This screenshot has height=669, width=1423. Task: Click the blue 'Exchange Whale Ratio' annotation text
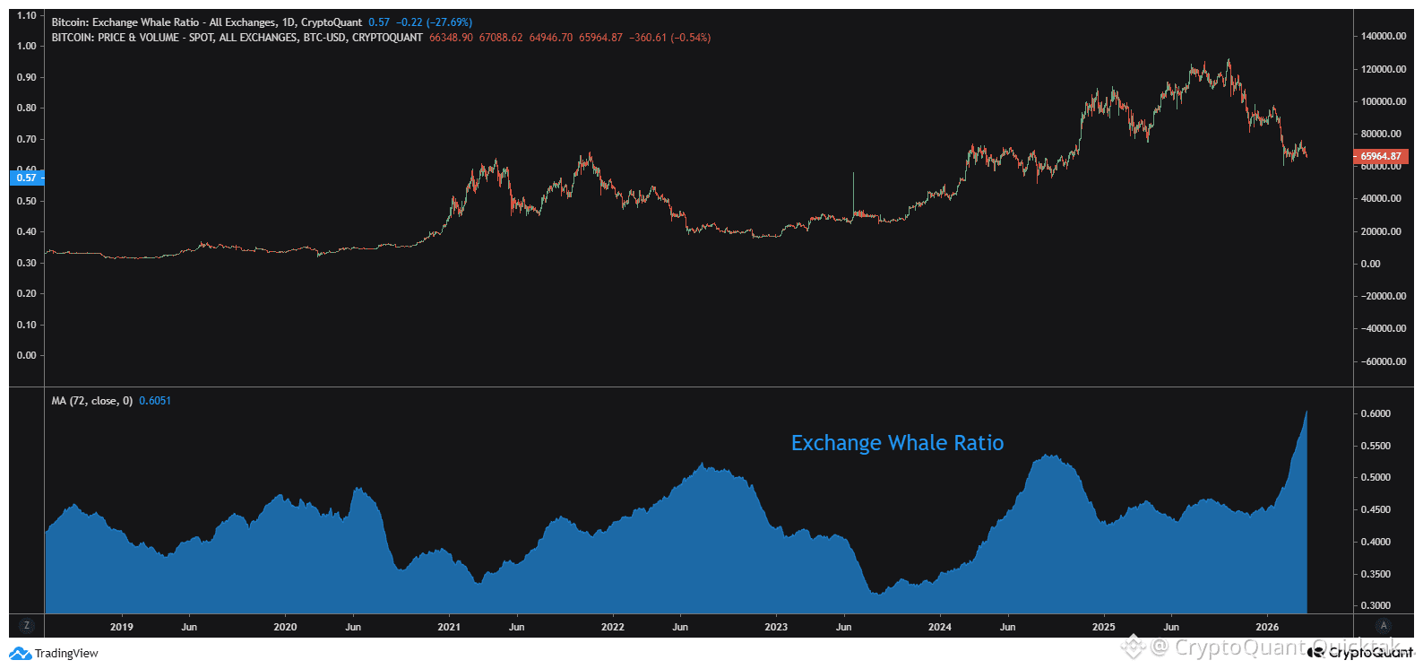coord(897,443)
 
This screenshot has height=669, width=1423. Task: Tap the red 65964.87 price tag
coord(1381,156)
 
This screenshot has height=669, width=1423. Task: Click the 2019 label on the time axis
coord(122,627)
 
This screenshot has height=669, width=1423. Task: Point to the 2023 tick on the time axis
coord(776,627)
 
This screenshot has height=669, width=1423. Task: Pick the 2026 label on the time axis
coord(1267,627)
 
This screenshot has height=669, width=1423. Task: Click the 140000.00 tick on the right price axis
coord(1384,37)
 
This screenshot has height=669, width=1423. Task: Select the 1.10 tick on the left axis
coord(27,15)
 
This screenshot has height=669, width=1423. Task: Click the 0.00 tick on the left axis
coord(27,355)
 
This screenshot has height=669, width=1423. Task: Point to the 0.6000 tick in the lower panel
coord(1376,413)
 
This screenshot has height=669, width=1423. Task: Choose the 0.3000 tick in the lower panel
coord(1376,605)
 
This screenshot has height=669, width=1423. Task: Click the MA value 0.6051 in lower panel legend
coord(155,401)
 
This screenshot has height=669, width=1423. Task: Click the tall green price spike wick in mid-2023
coord(853,190)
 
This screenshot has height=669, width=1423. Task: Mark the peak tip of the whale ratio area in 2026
coord(1307,412)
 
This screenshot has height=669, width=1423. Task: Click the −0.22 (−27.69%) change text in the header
coord(434,22)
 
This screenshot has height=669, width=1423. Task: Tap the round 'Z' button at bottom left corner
coord(27,626)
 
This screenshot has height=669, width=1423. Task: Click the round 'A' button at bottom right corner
coord(1384,626)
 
